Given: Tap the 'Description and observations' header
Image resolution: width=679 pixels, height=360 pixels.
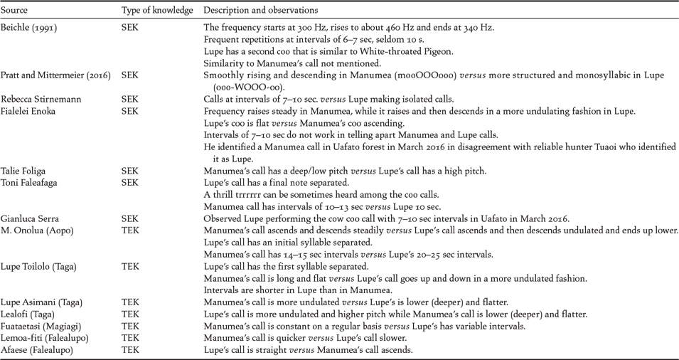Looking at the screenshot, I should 261,11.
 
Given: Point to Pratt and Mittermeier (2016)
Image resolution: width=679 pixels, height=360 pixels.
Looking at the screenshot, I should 55,75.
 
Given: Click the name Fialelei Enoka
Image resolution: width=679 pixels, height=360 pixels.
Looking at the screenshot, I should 29,111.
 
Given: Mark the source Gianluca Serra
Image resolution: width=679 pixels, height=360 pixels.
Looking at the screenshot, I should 29,218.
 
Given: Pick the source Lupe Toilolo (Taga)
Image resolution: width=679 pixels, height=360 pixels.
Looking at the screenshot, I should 38,266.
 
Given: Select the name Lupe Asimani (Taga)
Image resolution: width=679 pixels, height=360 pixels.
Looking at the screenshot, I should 40,302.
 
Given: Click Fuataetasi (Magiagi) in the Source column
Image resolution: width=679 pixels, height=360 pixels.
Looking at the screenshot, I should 41,326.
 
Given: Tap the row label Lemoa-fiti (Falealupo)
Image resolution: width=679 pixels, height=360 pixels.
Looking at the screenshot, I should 43,338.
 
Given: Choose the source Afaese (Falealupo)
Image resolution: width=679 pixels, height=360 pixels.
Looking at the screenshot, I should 37,350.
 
